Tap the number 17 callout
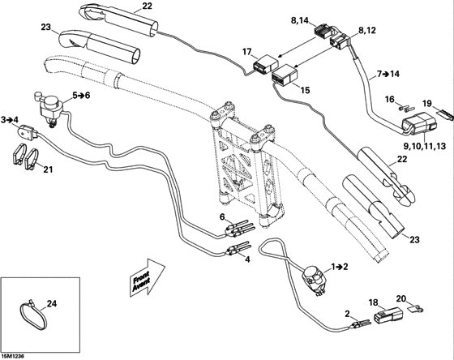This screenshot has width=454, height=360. tap(248, 52)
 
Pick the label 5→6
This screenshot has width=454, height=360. tap(82, 95)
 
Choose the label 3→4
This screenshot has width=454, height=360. tap(11, 119)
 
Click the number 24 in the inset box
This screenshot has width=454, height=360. tap(53, 305)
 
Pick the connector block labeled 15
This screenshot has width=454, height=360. tap(284, 79)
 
